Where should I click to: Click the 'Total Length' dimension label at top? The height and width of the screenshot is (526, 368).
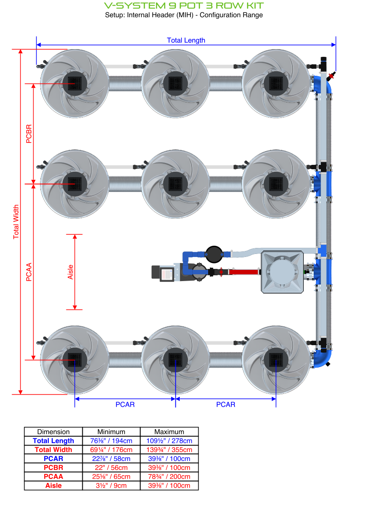tap(186, 40)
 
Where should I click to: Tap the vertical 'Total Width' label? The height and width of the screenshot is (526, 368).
tap(16, 222)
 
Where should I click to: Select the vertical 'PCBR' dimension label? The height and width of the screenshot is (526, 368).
tap(29, 133)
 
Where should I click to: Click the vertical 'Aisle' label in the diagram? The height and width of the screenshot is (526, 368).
tap(71, 272)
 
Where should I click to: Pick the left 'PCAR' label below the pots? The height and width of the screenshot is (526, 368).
tap(125, 405)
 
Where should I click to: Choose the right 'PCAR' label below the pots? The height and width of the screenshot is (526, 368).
tap(225, 405)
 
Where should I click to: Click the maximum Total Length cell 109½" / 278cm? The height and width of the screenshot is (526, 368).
tap(169, 441)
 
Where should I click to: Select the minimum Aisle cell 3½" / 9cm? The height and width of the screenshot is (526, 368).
tap(111, 486)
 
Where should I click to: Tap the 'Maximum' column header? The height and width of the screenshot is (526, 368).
tap(169, 432)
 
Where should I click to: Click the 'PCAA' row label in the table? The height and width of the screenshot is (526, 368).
tap(53, 476)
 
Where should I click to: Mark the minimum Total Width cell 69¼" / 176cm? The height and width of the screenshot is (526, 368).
tap(111, 450)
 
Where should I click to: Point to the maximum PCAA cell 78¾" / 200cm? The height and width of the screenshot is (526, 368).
tap(169, 476)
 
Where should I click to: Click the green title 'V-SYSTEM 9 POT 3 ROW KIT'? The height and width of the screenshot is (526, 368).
tap(184, 6)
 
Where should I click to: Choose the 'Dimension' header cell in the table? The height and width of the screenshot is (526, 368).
tap(53, 432)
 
